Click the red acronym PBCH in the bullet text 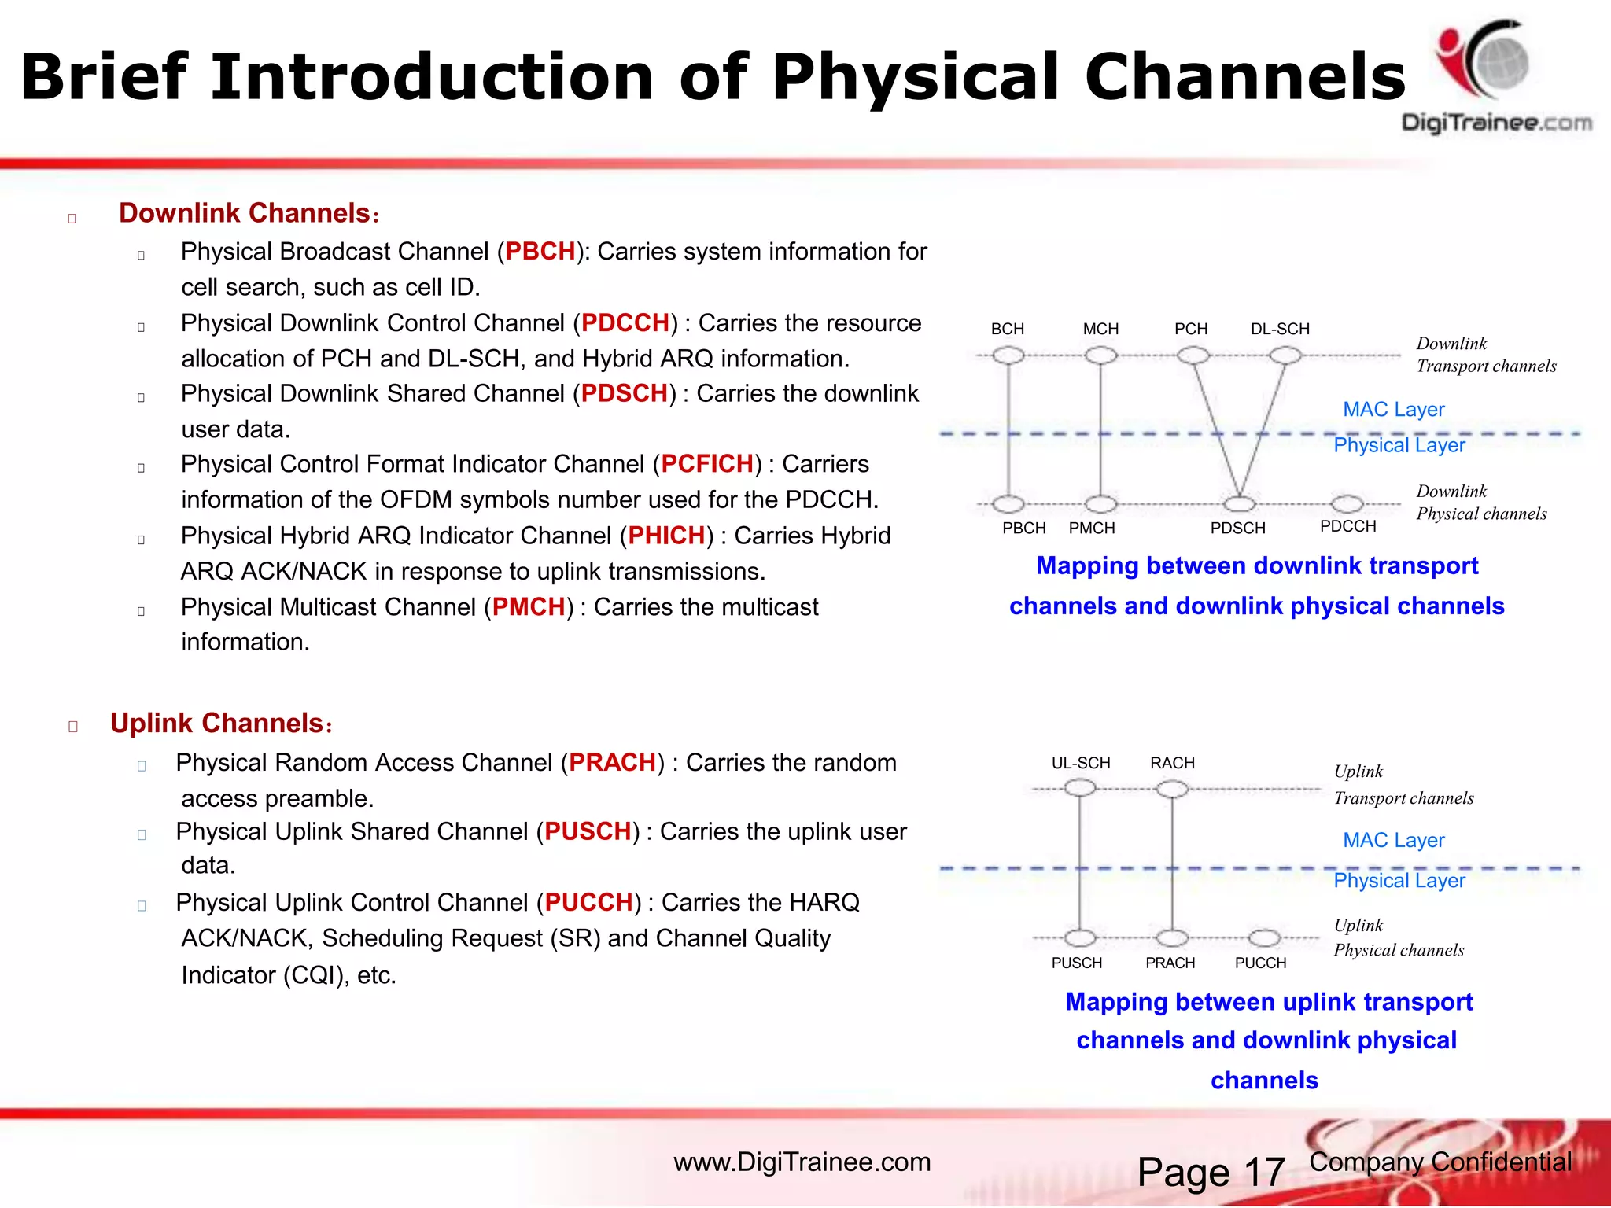tap(540, 252)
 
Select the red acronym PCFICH tap(707, 464)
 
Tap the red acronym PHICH tap(666, 536)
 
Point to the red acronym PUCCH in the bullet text tap(588, 902)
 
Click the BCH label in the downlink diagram tap(1008, 329)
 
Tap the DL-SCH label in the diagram tap(1280, 329)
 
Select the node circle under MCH tap(1100, 355)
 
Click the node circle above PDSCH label tap(1239, 503)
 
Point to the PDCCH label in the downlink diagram tap(1347, 526)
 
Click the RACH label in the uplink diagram tap(1172, 763)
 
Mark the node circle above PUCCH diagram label tap(1264, 937)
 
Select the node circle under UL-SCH tap(1080, 788)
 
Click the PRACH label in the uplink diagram tap(1170, 963)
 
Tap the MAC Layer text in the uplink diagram tap(1393, 840)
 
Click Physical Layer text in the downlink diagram tap(1399, 445)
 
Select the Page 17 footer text tap(1211, 1172)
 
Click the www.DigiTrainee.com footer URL tap(802, 1162)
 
